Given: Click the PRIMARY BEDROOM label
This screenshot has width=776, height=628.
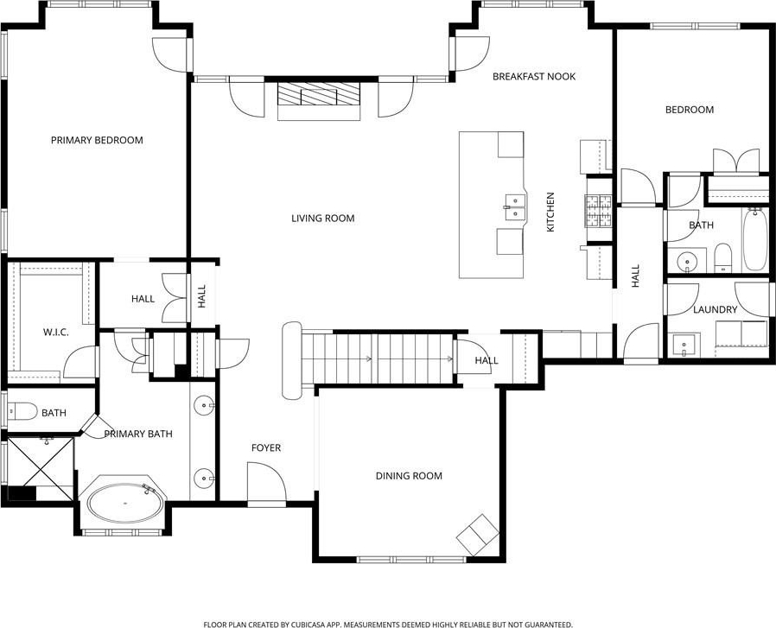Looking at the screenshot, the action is (x=97, y=140).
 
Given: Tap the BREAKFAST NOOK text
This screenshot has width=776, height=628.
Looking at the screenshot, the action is (x=534, y=76).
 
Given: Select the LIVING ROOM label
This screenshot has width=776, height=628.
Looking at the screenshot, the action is (x=322, y=219).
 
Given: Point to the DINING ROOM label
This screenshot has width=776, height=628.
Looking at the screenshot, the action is (x=409, y=476).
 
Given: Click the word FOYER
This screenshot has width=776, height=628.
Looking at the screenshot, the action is (x=266, y=447).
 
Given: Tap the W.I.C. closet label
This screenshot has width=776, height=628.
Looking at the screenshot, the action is (x=55, y=332).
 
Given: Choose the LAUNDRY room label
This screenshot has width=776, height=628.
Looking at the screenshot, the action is (x=716, y=310).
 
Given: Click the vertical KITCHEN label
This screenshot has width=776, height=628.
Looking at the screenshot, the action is (x=550, y=212).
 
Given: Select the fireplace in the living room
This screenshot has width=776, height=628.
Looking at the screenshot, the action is (x=319, y=101).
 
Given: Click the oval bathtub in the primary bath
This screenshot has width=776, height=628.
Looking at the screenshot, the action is (x=125, y=503).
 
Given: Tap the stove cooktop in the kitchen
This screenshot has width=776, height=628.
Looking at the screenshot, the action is (x=599, y=212).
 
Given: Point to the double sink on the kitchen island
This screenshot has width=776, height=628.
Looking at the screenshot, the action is (x=515, y=207).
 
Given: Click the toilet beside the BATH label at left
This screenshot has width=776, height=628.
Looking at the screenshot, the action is (x=22, y=411).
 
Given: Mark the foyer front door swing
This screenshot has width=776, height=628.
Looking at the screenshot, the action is (x=267, y=483).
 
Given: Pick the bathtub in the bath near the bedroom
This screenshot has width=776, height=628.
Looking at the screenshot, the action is (x=755, y=239).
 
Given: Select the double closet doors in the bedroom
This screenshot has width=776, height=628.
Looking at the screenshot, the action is (x=736, y=161).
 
